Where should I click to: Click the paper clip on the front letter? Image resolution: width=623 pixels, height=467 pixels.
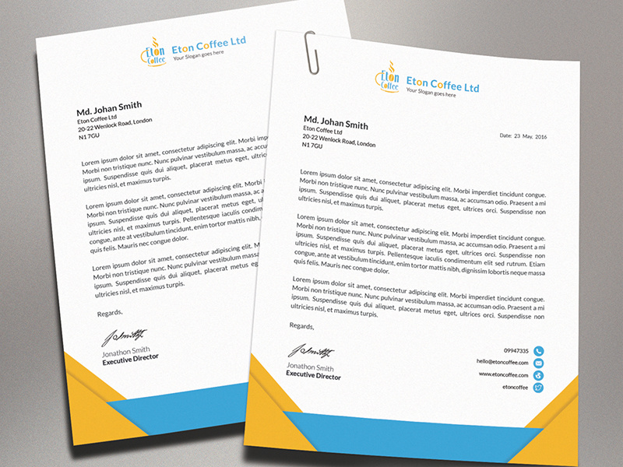coord(311,52)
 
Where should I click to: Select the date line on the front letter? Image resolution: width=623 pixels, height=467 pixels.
coord(524,136)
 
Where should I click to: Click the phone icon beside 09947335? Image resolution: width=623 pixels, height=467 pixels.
coord(538,352)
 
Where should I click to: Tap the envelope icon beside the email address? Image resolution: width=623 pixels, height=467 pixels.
coord(538,363)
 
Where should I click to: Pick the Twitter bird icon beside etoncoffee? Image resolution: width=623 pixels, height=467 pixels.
coord(538,388)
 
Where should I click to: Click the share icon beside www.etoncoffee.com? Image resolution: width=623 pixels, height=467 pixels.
coord(538,375)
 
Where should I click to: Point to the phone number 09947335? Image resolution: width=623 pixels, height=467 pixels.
coord(516,351)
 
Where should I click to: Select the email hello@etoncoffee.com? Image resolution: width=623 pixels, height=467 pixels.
coord(502,363)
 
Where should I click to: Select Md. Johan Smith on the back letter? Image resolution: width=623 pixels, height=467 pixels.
coord(109,107)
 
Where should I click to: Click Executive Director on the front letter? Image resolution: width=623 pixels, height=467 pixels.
coord(313,377)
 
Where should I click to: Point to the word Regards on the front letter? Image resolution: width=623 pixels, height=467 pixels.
coord(301,326)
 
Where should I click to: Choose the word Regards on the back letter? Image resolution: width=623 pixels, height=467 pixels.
coord(110,313)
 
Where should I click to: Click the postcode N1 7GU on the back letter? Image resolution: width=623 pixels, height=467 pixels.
coord(89,136)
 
